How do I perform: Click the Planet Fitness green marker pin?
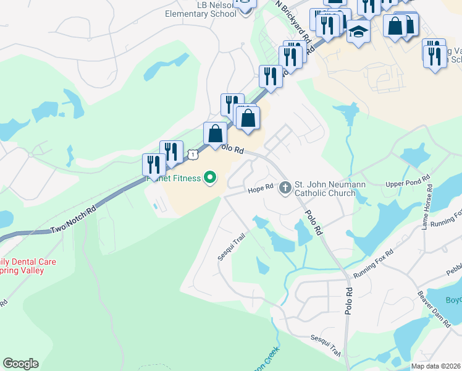click(210, 178)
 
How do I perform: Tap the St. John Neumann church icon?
click(285, 186)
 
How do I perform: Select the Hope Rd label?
click(260, 188)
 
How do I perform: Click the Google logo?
click(20, 364)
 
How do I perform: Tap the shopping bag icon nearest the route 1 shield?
click(215, 134)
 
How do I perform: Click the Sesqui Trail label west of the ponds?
click(229, 245)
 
